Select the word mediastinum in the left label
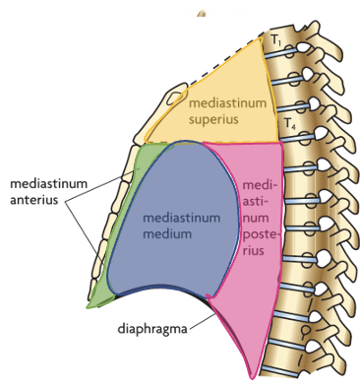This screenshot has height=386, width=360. (46, 184)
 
